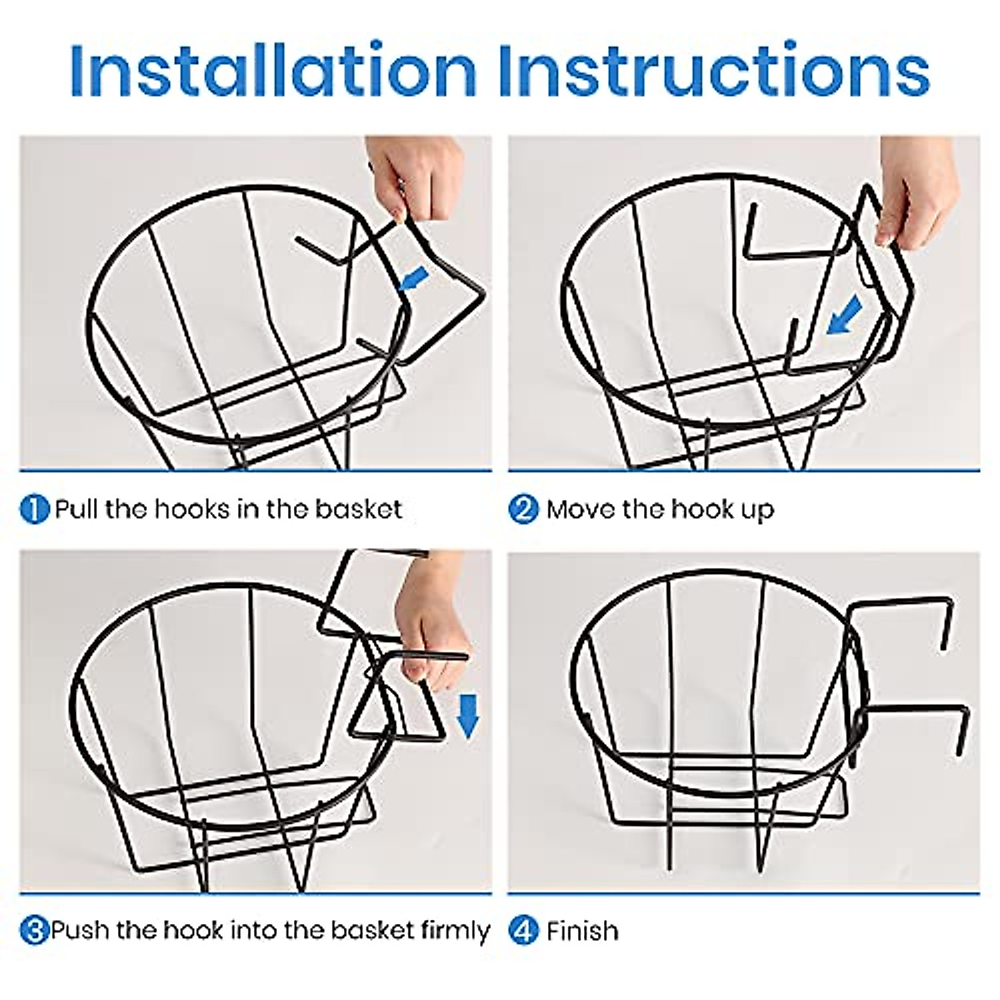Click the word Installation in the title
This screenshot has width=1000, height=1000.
point(273,71)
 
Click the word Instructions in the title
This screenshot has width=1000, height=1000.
point(714,71)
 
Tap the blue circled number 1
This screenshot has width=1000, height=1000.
point(34,509)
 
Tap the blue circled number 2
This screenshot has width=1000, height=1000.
point(523,509)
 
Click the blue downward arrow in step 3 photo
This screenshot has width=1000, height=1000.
point(468,717)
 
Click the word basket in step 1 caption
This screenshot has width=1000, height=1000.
point(359,508)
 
